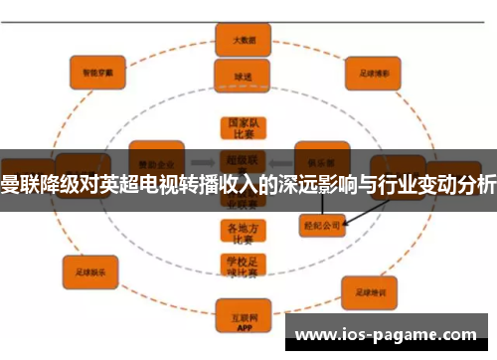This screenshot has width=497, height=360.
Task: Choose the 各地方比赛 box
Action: coord(236,232)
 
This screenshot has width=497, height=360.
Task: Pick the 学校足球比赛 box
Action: coord(236,266)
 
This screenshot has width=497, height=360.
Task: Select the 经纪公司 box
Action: coord(320,226)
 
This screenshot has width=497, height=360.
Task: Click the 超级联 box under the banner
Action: coord(236,159)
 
